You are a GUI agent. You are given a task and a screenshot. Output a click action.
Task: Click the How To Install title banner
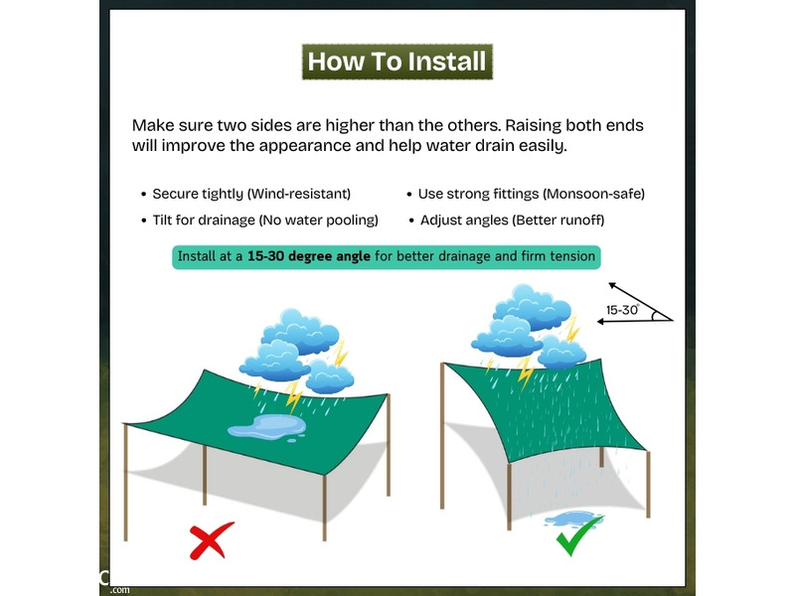click(x=397, y=62)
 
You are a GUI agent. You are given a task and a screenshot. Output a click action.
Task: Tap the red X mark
click(x=212, y=540)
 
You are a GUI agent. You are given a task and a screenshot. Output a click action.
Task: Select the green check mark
click(x=579, y=535)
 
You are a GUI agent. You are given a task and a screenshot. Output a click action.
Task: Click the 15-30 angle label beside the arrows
click(x=622, y=310)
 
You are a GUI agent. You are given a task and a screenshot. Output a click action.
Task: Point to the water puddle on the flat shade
click(x=266, y=427)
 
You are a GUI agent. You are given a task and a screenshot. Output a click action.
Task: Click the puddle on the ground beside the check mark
click(x=570, y=519)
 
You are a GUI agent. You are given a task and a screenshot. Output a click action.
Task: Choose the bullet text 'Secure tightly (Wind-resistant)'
click(x=251, y=194)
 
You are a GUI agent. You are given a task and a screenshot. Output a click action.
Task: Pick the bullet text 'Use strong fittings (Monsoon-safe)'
click(x=532, y=194)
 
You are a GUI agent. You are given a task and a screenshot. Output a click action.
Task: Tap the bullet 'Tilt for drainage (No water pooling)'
click(x=265, y=220)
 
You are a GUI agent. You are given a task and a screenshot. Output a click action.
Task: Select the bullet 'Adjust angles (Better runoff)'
click(x=512, y=220)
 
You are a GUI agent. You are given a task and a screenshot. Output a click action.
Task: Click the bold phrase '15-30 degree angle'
click(x=309, y=256)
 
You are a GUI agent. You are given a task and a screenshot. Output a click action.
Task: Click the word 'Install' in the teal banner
click(x=197, y=256)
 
